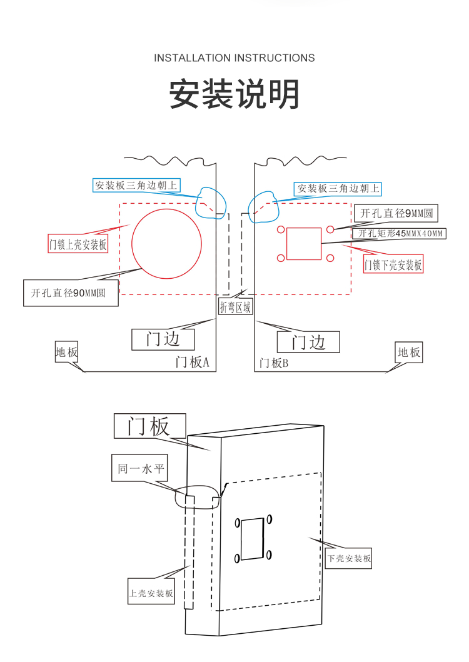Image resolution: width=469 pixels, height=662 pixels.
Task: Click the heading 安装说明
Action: click(234, 95)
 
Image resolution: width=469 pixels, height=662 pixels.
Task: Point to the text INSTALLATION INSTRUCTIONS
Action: click(234, 58)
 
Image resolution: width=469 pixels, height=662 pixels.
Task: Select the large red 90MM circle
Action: click(166, 244)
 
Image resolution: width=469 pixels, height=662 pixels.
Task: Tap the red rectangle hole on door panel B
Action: click(304, 244)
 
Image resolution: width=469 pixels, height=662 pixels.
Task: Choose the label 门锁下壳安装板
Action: click(393, 265)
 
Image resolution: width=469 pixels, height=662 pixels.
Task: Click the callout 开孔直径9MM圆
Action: click(395, 213)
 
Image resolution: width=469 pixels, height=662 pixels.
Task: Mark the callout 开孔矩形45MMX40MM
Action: click(400, 234)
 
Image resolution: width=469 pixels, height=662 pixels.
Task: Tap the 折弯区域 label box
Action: click(236, 306)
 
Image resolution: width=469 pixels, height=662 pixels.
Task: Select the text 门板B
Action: click(274, 363)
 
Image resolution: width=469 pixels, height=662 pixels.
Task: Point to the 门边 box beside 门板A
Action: click(163, 339)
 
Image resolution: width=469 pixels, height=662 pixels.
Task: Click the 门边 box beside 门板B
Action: click(309, 342)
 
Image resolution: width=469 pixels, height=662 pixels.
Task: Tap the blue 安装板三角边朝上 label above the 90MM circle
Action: click(136, 185)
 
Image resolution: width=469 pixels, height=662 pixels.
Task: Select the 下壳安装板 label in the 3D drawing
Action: click(350, 558)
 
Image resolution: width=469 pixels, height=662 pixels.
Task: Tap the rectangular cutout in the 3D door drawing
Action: click(253, 538)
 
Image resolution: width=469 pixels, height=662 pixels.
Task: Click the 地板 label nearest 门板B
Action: click(409, 352)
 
